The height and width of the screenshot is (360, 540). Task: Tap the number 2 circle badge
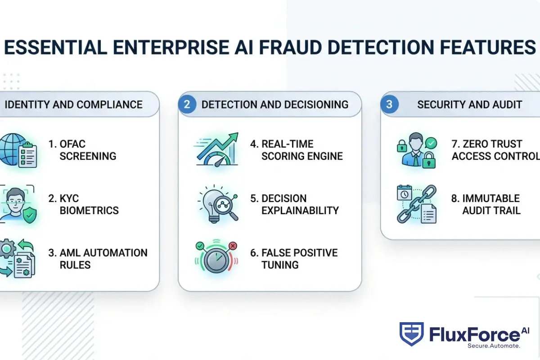(187, 105)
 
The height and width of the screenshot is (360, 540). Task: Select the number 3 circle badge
(389, 105)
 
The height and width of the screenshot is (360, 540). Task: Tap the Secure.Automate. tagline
(494, 346)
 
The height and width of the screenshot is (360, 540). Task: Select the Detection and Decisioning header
(275, 105)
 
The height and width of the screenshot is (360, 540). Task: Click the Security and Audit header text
(469, 105)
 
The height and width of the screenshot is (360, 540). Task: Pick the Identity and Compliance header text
(73, 105)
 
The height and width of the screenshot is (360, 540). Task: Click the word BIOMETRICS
(89, 211)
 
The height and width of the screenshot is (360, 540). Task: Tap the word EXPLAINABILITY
(300, 211)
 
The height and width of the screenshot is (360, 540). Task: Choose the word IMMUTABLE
(485, 198)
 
